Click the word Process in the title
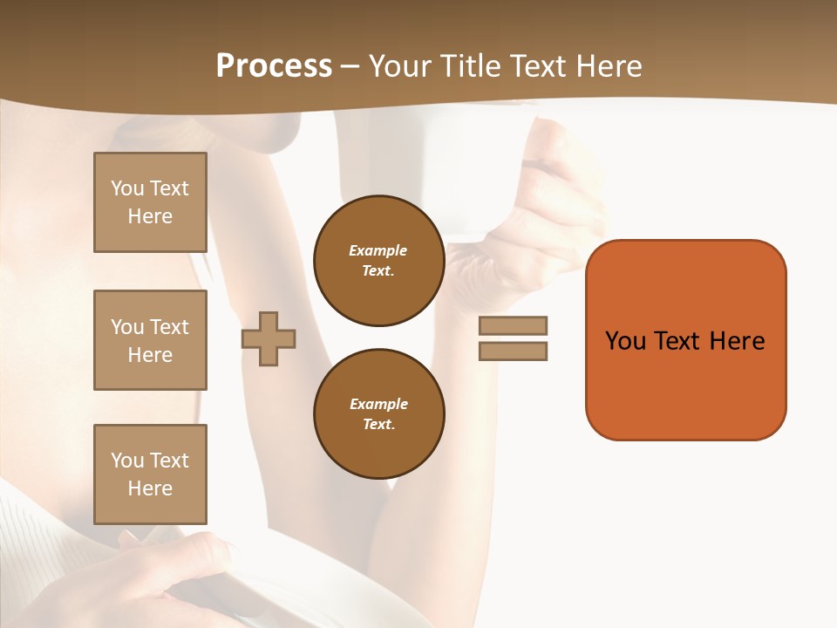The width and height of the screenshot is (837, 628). pos(274,66)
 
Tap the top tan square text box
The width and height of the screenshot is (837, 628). pos(150,202)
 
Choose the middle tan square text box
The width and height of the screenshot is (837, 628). pos(150,340)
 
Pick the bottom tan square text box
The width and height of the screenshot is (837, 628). pos(150,474)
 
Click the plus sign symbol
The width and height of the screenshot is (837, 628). pos(269,338)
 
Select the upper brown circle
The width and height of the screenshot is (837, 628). pos(378,260)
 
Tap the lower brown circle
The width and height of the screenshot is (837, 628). pos(378,413)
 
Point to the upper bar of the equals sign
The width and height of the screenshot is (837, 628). pos(513,325)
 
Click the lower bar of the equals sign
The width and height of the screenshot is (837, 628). pos(513,351)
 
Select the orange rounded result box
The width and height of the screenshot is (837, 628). pos(685,340)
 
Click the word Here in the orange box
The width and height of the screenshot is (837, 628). pos(737,341)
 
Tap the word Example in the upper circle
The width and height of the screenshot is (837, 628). pos(378,250)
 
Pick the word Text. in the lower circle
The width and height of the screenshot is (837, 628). pos(378,424)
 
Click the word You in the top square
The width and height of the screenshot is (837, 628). pos(126,188)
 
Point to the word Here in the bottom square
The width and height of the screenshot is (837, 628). pos(150,488)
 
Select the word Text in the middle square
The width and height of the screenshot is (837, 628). pos(168,327)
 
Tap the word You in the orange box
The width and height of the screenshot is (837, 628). pos(625,341)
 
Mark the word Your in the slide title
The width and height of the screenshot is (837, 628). pos(400,66)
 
